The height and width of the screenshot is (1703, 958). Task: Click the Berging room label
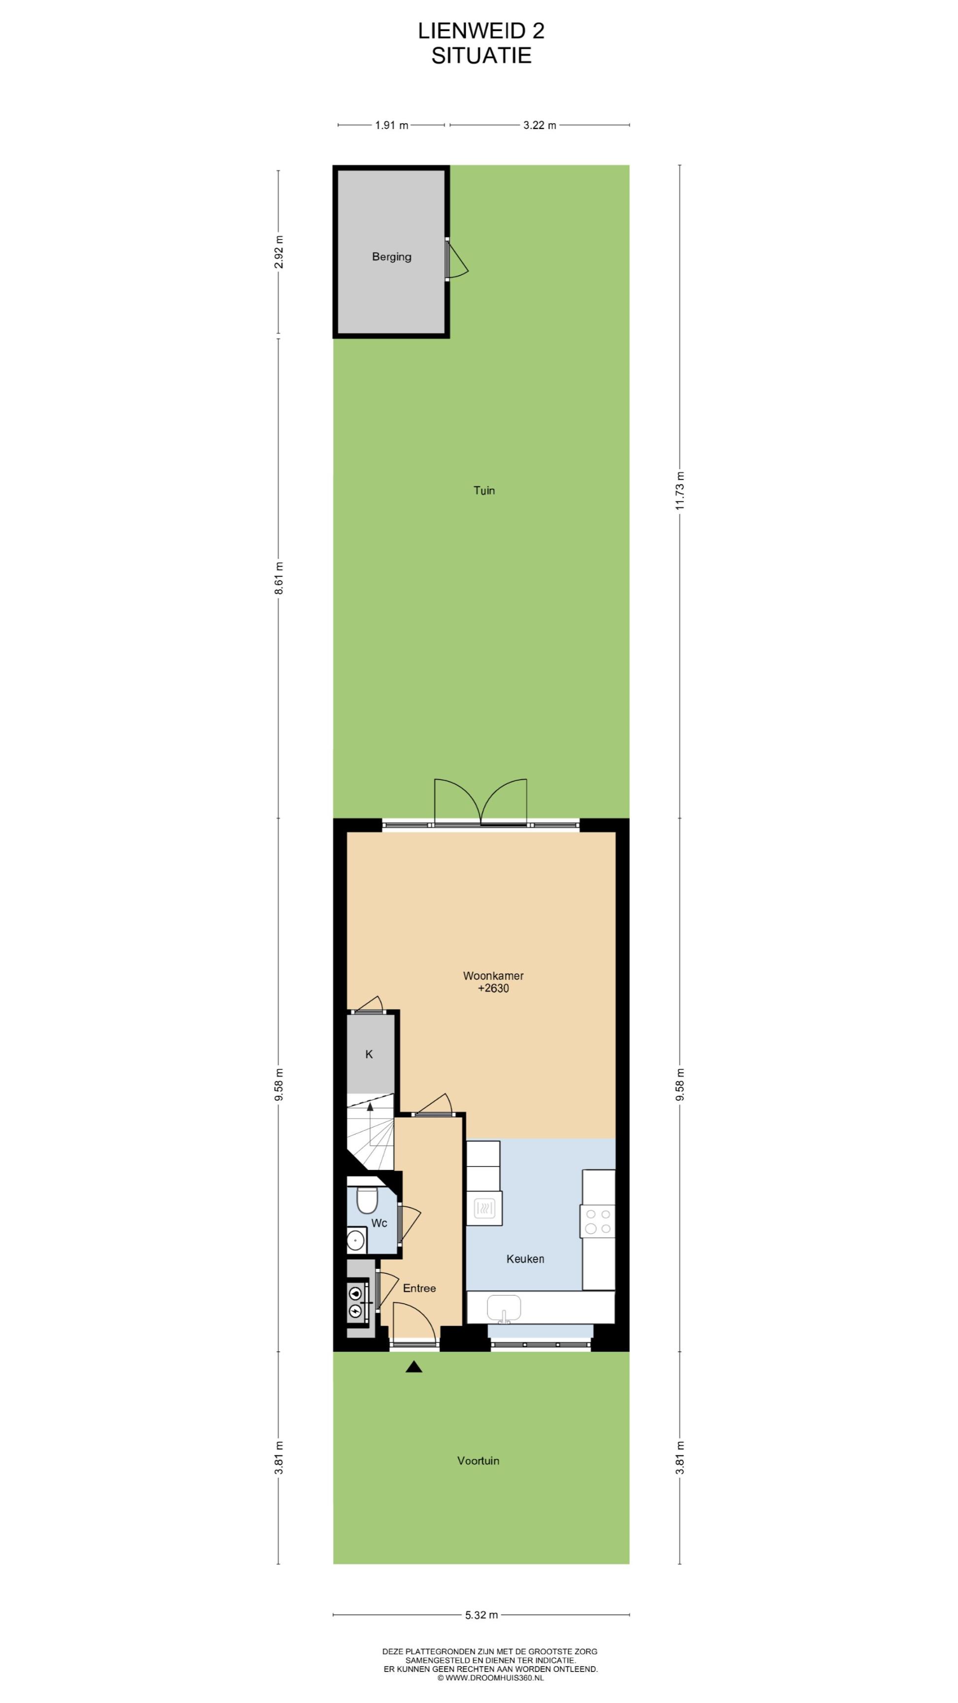(x=391, y=257)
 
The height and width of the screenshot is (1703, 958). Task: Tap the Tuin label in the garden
(x=484, y=490)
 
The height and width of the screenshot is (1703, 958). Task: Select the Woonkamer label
(x=493, y=976)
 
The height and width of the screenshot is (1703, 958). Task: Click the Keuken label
(x=525, y=1259)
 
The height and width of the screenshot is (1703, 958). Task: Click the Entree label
(x=419, y=1288)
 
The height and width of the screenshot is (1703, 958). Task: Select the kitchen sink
(x=504, y=1308)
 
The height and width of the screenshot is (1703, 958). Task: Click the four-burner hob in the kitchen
(x=598, y=1221)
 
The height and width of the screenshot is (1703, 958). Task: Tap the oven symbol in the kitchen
(x=484, y=1208)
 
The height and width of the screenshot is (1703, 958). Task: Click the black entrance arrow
(x=414, y=1367)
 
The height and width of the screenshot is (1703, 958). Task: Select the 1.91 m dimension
(x=391, y=125)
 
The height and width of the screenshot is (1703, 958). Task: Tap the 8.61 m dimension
(x=278, y=578)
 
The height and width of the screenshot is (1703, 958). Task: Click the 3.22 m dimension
(x=540, y=125)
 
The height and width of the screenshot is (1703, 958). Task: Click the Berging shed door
(x=456, y=259)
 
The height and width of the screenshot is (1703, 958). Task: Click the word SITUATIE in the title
(x=481, y=56)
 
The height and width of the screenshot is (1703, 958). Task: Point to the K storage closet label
(x=369, y=1055)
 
